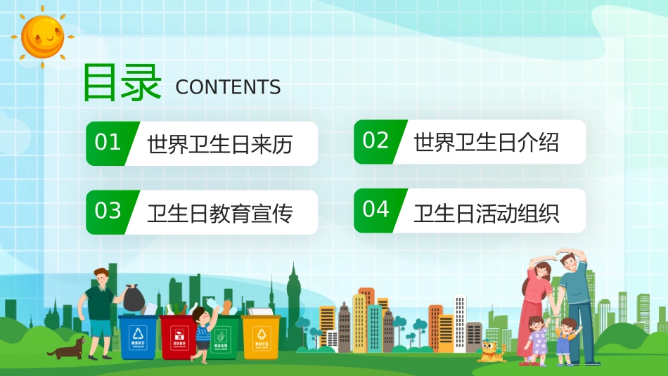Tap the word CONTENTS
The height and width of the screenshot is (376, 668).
tap(228, 87)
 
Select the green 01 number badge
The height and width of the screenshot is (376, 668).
tap(108, 143)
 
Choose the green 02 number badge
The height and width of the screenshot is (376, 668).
tap(375, 141)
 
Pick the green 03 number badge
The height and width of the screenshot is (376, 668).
tap(108, 211)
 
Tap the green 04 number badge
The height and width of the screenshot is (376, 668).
tap(375, 209)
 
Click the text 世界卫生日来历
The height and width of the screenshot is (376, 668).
tap(219, 145)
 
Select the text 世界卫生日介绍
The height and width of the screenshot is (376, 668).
tap(487, 143)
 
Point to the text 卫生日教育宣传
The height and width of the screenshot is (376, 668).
tap(219, 213)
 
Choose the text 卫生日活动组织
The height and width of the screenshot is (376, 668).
tap(487, 212)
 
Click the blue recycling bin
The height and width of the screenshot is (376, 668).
tap(139, 336)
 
